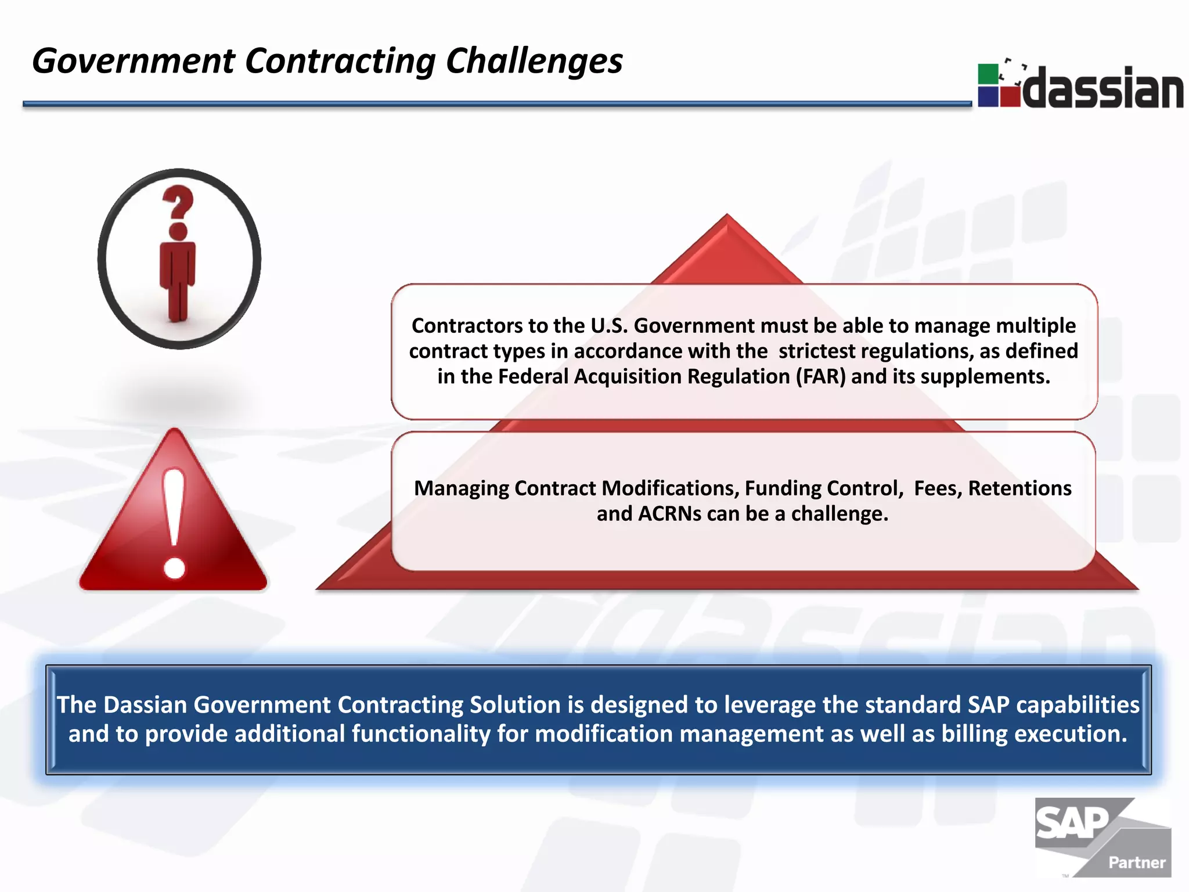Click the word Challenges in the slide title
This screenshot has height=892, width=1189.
pos(534,62)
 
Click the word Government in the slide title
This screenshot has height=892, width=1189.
pos(133,62)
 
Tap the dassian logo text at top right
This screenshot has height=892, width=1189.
pos(1102,88)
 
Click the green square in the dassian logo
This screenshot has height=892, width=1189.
pos(988,74)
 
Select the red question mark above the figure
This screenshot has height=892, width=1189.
pos(178,203)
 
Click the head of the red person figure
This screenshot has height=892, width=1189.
pos(178,231)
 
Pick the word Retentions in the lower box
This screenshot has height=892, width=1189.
pos(1019,488)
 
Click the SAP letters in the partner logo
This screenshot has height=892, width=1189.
pos(1071,823)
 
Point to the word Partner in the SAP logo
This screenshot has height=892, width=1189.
pos(1136,862)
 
